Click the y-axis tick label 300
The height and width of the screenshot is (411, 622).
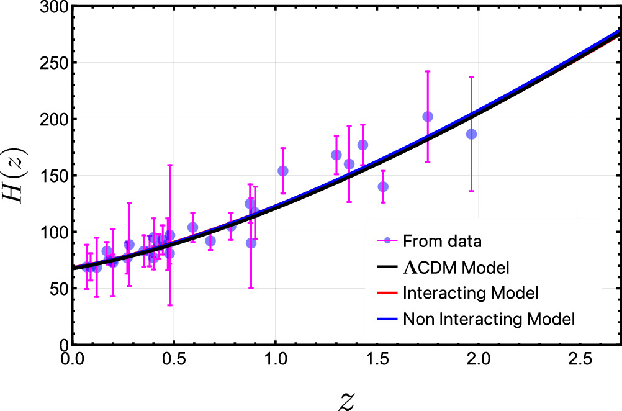coord(53,7)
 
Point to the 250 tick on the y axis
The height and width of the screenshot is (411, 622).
coord(53,63)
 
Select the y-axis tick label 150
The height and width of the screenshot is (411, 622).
coord(53,176)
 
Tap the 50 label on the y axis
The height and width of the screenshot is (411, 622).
coord(58,289)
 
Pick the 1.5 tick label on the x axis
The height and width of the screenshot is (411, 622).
coord(377,359)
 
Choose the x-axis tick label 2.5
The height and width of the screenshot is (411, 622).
coord(580,359)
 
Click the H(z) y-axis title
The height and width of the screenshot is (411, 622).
coord(15,175)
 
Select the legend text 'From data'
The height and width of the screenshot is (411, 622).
coord(442,242)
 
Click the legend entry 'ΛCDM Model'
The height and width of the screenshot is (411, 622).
coord(456,268)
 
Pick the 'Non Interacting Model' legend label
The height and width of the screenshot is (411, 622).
coord(489,319)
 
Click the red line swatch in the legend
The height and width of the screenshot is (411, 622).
coord(386,293)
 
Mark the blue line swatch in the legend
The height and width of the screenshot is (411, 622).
coord(386,319)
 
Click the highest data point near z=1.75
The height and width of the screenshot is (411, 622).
coord(428,117)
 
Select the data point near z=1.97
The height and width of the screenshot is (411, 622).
coord(471,134)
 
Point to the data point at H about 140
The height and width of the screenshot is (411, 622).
coord(383,186)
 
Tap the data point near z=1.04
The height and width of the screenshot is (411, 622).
coord(283,171)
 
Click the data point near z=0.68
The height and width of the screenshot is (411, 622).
coord(210,241)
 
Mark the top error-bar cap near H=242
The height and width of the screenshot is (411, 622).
coord(428,71)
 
